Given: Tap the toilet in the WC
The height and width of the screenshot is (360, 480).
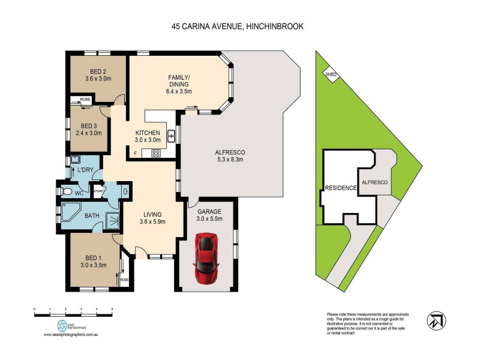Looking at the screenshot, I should [67, 192].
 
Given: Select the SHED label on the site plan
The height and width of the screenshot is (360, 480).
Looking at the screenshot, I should [330, 74].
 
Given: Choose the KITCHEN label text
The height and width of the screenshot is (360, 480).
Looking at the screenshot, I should [147, 133].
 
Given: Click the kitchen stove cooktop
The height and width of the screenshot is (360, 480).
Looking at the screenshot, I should [156, 153].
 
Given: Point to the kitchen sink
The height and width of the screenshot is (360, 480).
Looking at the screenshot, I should [171, 136].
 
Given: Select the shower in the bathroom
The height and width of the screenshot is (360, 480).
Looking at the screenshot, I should [112, 221].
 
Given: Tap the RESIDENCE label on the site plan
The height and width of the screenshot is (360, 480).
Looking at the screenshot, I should [340, 188].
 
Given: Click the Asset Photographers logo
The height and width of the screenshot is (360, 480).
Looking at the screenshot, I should [62, 327].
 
